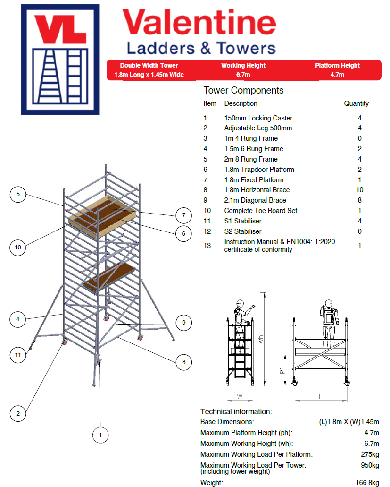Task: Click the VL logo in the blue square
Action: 60,60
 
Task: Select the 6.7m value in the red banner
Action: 243,75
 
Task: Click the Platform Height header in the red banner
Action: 337,66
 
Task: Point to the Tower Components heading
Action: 243,90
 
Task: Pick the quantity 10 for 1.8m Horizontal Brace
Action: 359,190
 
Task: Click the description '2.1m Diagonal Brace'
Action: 255,200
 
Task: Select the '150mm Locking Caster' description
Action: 258,118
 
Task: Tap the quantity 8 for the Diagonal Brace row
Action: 359,200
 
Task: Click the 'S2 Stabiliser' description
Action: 243,231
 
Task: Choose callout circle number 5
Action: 17,194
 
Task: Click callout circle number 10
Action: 17,247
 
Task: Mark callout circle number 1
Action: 100,435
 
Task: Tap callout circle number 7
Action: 183,215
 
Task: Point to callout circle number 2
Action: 17,414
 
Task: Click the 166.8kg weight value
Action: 367,483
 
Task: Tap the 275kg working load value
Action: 369,454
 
